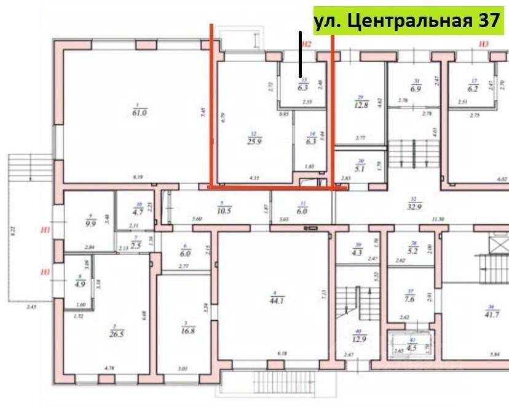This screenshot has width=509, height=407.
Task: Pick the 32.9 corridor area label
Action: tap(414, 206)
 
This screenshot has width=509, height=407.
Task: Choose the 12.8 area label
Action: tap(361, 104)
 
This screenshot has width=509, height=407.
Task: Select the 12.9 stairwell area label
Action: tap(358, 337)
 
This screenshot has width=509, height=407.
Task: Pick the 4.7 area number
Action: tap(139, 213)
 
